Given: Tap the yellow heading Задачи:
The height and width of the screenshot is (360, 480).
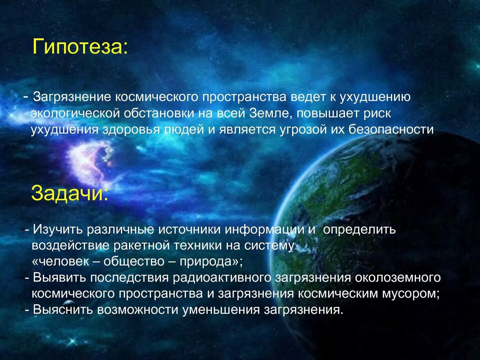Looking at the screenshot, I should click(70, 193).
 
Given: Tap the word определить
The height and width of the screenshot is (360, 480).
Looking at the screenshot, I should click(359, 229).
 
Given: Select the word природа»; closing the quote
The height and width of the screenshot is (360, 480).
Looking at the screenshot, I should click(211, 261).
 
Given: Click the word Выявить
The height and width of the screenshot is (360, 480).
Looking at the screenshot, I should click(59, 278).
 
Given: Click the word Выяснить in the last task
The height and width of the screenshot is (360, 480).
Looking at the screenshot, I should click(63, 310).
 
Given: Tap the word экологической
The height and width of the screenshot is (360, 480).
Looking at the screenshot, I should click(75, 113).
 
